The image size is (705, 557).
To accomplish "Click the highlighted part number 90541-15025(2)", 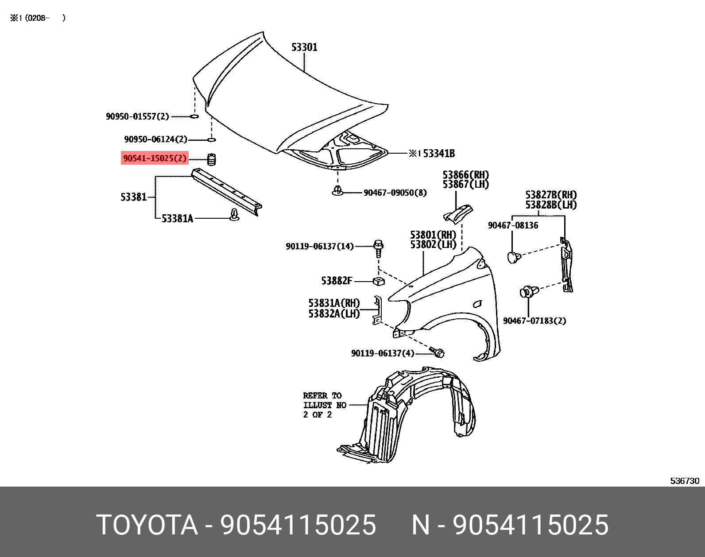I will pyautogui.click(x=155, y=158).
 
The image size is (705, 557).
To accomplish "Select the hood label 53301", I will pyautogui.click(x=304, y=47).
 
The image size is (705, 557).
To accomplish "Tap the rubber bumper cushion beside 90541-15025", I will pyautogui.click(x=212, y=159).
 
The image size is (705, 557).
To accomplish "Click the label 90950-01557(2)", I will pyautogui.click(x=137, y=116).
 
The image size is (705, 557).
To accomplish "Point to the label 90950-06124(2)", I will pyautogui.click(x=155, y=139).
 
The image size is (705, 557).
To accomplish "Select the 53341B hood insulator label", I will pyautogui.click(x=438, y=154).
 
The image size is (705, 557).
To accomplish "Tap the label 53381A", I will pyautogui.click(x=177, y=219).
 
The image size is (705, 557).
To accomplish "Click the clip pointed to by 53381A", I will pyautogui.click(x=234, y=215).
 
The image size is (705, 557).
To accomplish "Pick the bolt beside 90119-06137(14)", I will pyautogui.click(x=379, y=248).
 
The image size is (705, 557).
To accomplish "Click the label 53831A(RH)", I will pyautogui.click(x=334, y=303).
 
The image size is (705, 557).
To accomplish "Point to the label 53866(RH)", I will pyautogui.click(x=465, y=175).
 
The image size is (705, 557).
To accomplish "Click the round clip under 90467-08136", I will pyautogui.click(x=513, y=257).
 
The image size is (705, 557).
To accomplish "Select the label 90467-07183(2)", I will pyautogui.click(x=534, y=321).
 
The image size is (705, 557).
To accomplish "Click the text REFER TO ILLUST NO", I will pyautogui.click(x=325, y=400).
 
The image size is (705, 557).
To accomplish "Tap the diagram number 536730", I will pyautogui.click(x=685, y=481).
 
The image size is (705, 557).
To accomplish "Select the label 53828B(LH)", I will pyautogui.click(x=551, y=205).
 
